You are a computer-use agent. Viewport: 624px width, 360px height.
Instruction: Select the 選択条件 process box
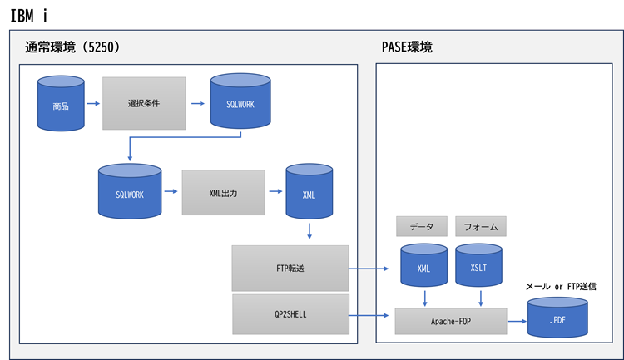click(144, 103)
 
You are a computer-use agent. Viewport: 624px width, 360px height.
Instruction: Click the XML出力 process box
click(223, 192)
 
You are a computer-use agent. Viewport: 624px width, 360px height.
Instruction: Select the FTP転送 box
click(290, 268)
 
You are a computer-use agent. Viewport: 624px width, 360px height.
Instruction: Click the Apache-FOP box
click(450, 320)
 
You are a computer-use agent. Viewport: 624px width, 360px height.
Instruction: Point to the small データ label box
click(423, 225)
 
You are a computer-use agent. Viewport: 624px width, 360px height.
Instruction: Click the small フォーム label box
click(481, 225)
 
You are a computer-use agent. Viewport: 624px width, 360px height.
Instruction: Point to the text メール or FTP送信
click(560, 285)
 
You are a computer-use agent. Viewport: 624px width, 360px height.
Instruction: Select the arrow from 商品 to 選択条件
click(92, 104)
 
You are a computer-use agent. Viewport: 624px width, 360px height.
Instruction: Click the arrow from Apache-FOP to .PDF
click(517, 320)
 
